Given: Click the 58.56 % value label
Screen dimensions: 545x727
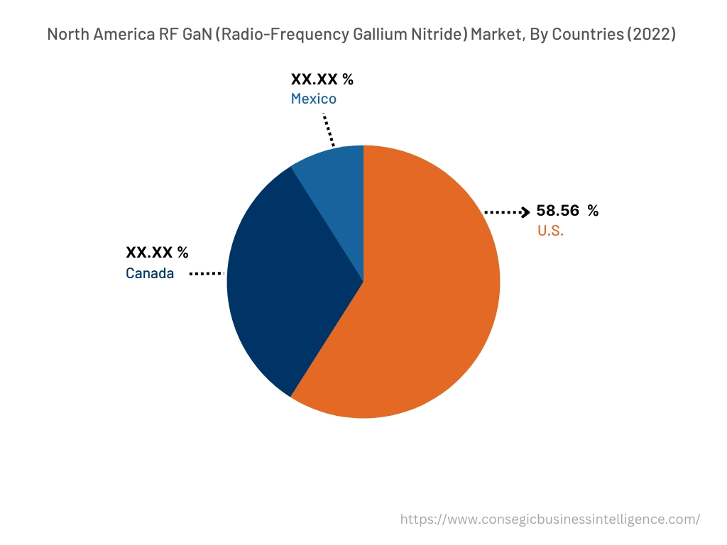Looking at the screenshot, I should [567, 211].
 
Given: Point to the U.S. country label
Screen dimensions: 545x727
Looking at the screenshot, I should [550, 231].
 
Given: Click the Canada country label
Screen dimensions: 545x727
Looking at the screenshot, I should [150, 273].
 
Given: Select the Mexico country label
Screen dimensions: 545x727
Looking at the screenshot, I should [313, 99].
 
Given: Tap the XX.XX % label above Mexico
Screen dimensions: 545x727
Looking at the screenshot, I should [322, 79].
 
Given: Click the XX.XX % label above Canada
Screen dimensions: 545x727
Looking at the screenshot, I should [157, 252].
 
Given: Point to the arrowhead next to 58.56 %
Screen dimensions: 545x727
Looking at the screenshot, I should [525, 211].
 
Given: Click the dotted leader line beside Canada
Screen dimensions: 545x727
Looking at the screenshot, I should [207, 273].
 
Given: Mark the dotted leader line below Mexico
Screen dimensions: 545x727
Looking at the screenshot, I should [329, 129].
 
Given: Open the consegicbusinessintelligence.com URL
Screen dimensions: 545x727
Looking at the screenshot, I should [550, 519].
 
